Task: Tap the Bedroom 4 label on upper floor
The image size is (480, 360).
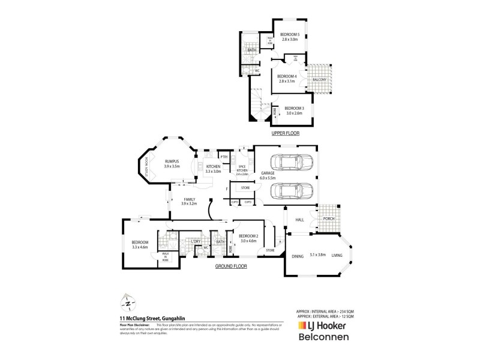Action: coord(287,78)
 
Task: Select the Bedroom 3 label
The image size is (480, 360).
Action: coord(295,110)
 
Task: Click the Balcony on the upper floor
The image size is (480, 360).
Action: coord(320,80)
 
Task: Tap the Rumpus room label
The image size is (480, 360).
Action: coord(173,164)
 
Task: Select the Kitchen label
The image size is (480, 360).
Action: coord(213,169)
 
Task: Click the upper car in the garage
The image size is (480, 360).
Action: coord(291,163)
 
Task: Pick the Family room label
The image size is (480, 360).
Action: coord(190,202)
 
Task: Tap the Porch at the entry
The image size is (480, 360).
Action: coord(328,218)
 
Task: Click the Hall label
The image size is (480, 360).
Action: coord(301,220)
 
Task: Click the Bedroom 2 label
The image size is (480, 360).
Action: coord(248,238)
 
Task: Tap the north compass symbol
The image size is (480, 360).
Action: coord(127,302)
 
